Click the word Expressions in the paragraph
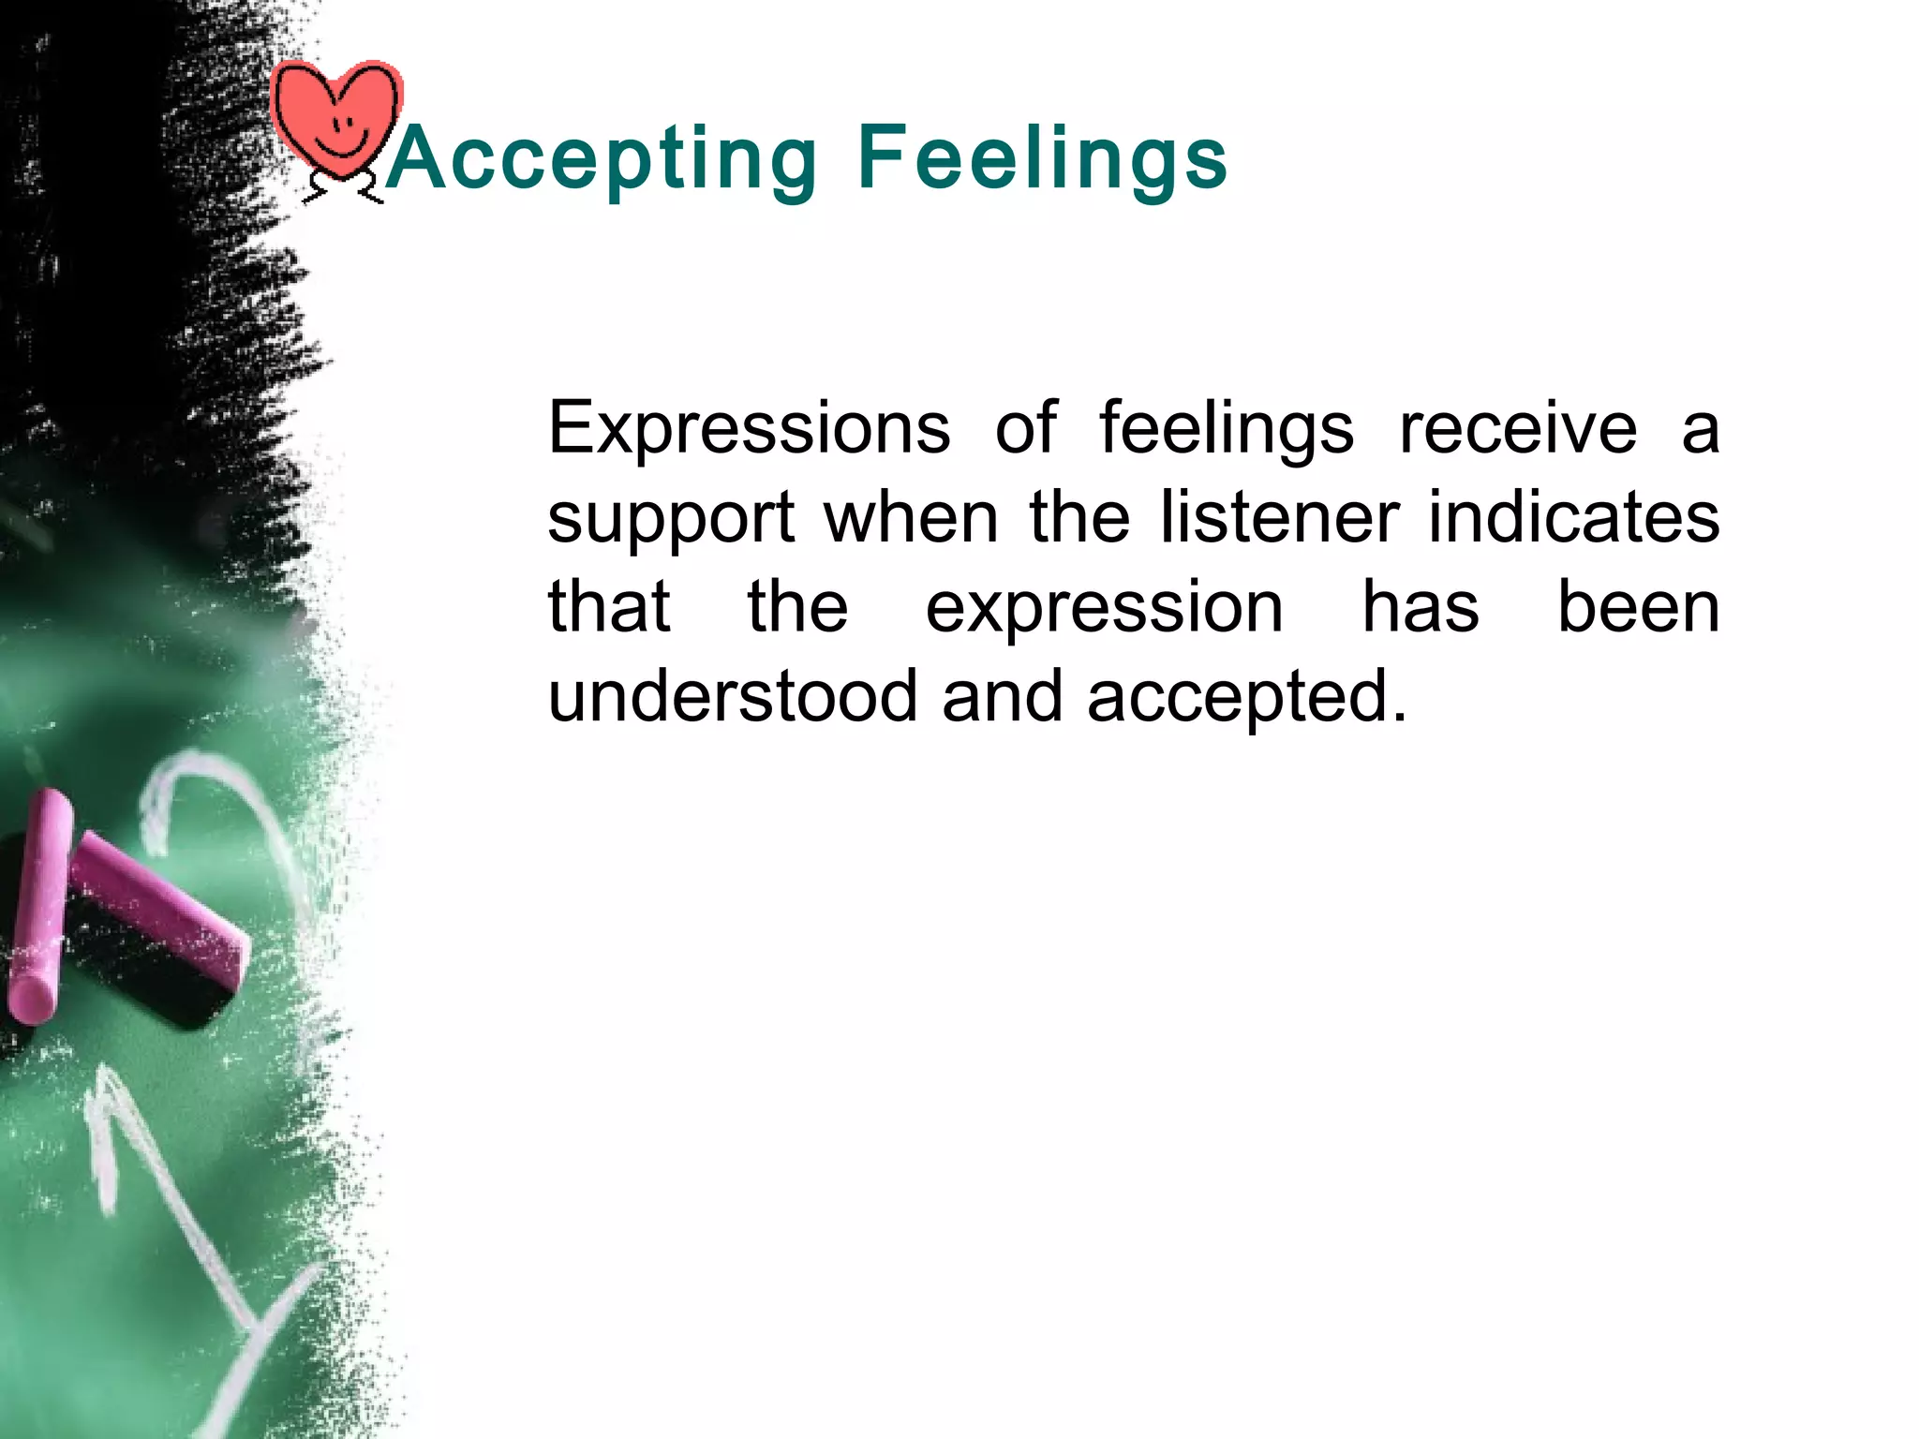[749, 428]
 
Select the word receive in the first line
[1518, 428]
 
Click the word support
[671, 519]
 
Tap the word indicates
[1573, 517]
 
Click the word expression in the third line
[1104, 609]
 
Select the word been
[1638, 607]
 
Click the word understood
[732, 697]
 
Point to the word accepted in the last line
[1246, 699]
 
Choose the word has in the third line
[1420, 607]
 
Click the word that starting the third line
[609, 607]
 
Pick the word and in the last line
[1002, 697]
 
